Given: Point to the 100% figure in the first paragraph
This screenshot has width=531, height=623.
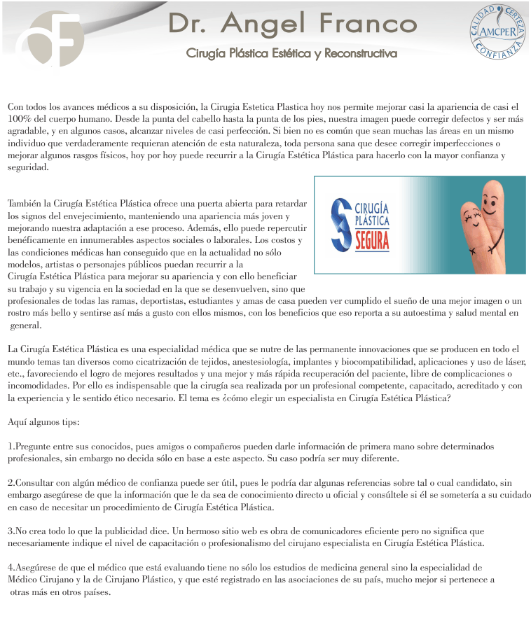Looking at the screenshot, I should [19, 119].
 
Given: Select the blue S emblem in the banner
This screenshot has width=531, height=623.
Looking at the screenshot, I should [340, 224].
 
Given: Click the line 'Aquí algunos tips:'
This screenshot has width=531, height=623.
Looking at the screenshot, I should [43, 423].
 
